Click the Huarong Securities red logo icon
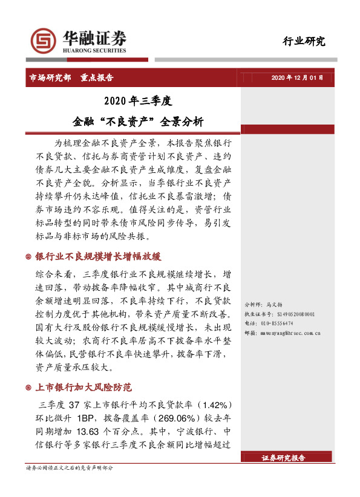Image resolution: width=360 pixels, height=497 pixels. (42, 41)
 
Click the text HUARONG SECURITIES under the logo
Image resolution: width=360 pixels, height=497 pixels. (94, 51)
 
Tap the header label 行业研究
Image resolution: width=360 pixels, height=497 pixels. (304, 41)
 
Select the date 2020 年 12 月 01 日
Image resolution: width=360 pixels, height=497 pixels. (297, 78)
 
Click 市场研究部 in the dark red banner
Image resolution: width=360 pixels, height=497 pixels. (50, 78)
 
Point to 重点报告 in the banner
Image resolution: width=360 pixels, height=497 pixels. (97, 78)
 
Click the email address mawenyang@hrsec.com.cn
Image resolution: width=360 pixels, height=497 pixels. (290, 333)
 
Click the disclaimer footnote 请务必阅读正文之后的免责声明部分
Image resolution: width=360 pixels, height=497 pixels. (69, 469)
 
